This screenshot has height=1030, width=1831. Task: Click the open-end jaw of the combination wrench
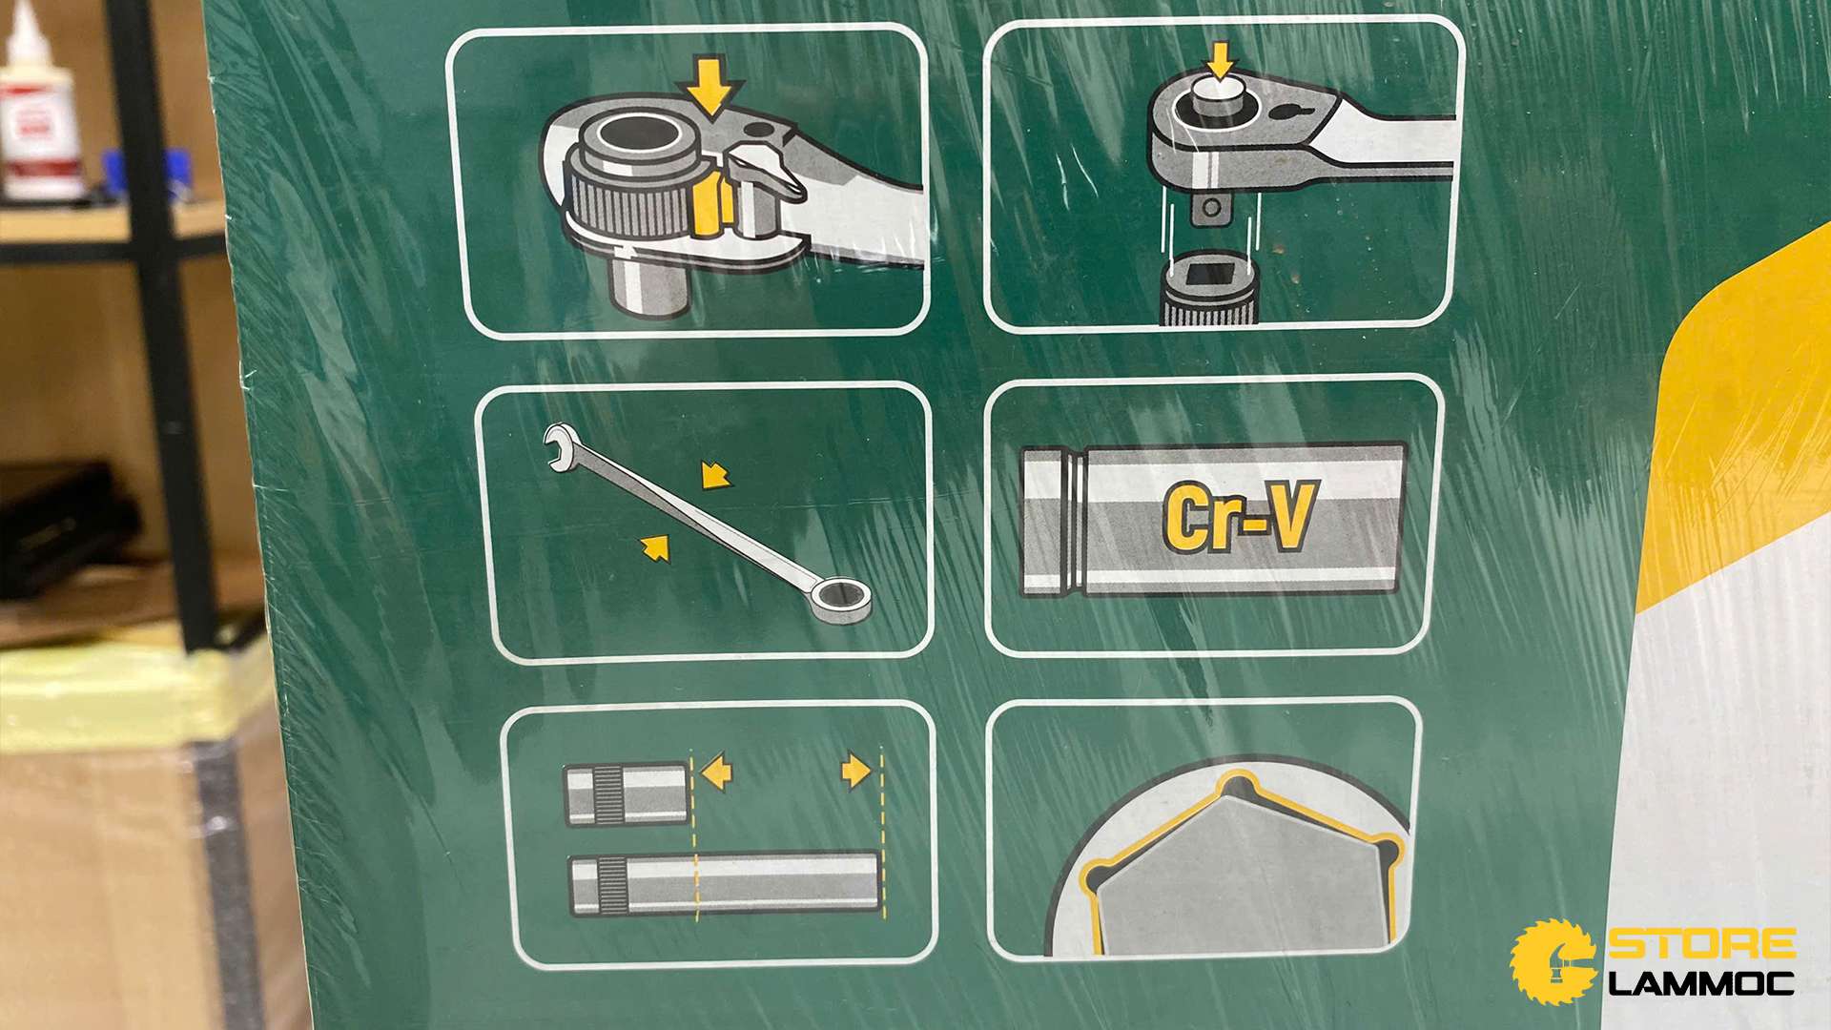click(560, 445)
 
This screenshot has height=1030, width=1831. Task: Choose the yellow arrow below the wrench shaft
click(655, 547)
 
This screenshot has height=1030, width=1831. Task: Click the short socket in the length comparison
click(626, 793)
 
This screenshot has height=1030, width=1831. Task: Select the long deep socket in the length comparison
click(724, 883)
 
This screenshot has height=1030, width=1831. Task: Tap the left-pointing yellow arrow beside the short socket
click(716, 772)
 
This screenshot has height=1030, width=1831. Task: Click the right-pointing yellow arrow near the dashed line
click(855, 771)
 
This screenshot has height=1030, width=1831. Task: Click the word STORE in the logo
click(1702, 944)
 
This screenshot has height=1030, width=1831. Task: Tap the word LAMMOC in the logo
click(1702, 983)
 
